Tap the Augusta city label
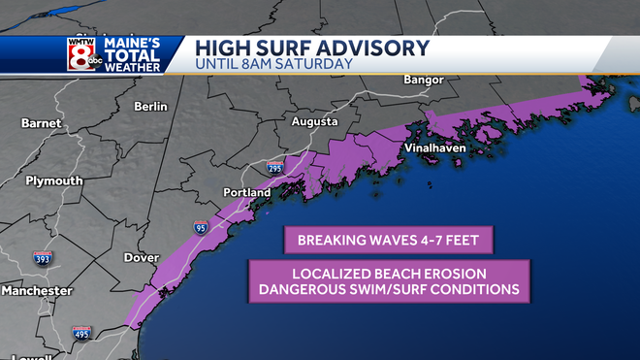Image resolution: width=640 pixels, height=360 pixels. click(x=315, y=122)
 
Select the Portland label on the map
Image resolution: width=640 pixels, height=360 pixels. click(x=246, y=192)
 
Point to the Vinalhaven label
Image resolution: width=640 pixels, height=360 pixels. click(x=435, y=148)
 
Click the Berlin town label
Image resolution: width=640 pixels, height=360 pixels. click(x=151, y=106)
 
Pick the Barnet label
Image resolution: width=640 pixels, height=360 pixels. click(x=41, y=123)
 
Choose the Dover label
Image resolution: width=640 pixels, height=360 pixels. click(x=141, y=258)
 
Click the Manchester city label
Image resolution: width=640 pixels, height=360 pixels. click(x=36, y=290)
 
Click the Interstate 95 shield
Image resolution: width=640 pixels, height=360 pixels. click(x=201, y=228)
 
